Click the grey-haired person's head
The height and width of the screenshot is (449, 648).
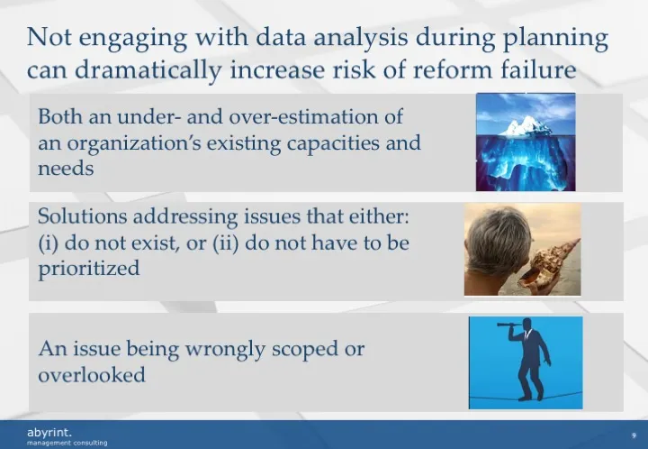(492, 236)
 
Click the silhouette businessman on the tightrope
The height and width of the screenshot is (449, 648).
(530, 361)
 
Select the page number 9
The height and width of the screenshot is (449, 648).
(634, 435)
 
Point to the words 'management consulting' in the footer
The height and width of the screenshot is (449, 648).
(67, 444)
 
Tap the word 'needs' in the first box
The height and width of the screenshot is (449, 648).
(66, 168)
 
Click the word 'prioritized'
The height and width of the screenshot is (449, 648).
(88, 268)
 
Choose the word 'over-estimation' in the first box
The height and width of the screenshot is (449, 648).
(334, 117)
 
